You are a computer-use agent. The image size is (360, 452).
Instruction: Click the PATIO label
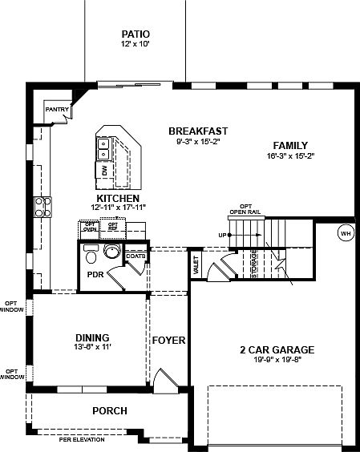click(136, 34)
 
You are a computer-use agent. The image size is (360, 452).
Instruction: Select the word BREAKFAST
click(198, 131)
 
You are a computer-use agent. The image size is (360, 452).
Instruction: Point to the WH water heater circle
click(346, 233)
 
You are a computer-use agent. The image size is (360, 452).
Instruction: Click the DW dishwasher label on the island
click(105, 171)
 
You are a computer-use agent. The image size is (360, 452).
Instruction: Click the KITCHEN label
click(119, 198)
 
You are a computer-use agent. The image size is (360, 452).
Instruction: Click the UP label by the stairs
click(222, 235)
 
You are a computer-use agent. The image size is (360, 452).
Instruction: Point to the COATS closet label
click(136, 256)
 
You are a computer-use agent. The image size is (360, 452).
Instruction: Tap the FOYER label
click(168, 341)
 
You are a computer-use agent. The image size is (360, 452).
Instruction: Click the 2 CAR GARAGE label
click(276, 349)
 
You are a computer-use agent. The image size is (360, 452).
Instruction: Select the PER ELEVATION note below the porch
click(83, 439)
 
